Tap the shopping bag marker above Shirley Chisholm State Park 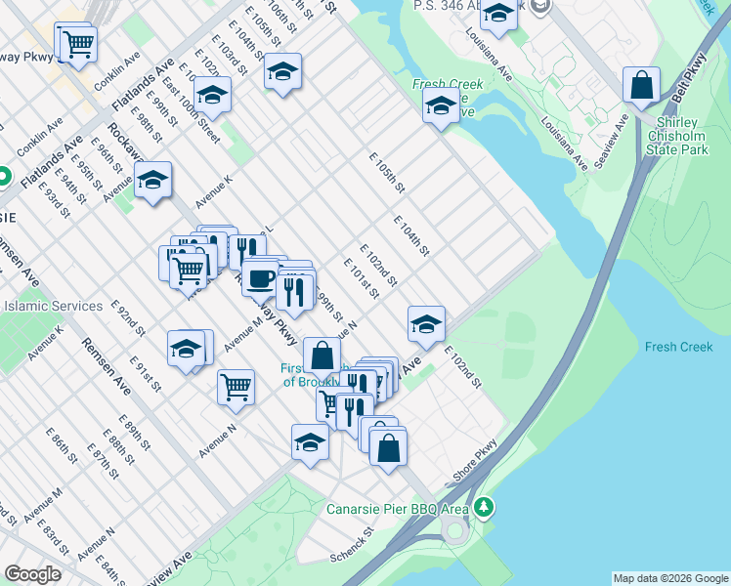642,85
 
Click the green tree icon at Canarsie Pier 484,508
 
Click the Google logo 32,574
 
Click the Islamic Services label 54,306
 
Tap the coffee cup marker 260,278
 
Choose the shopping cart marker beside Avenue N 236,387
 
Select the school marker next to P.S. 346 498,14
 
